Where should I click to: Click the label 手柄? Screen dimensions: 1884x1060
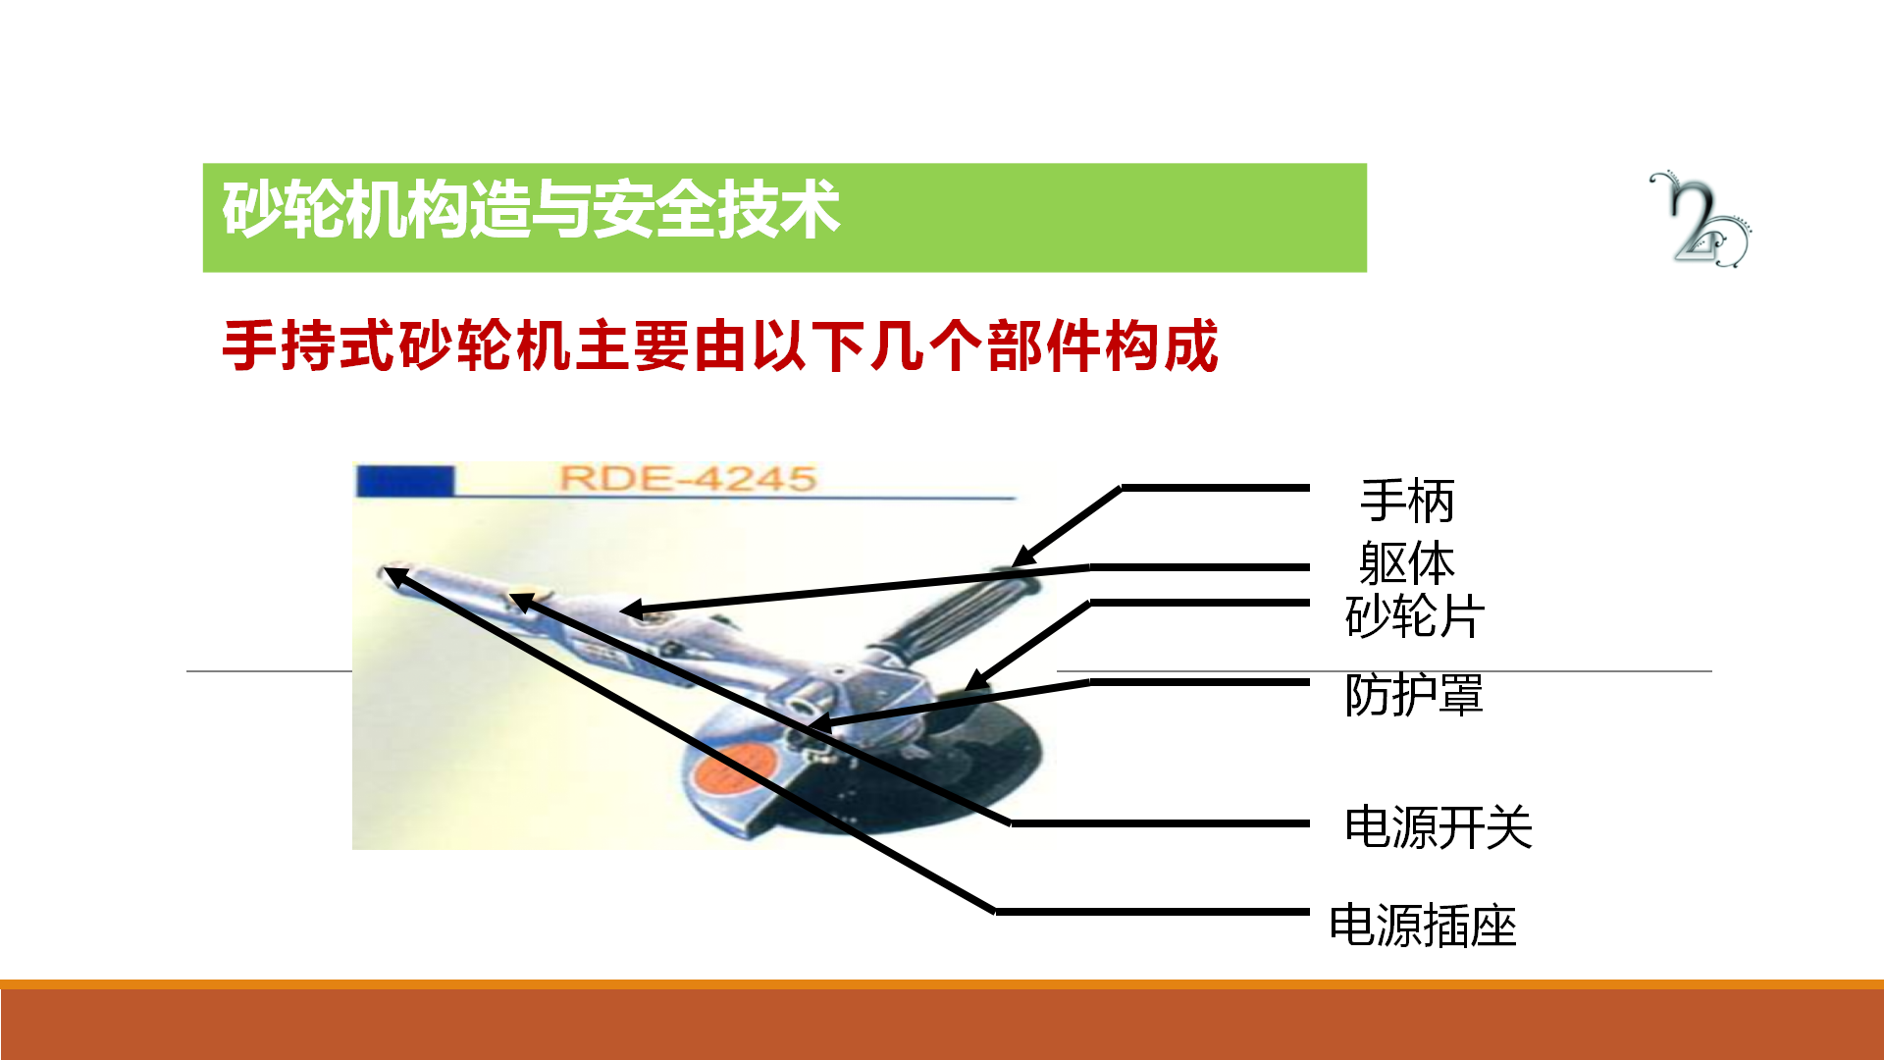click(x=1407, y=502)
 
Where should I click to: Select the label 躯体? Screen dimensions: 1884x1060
click(x=1407, y=563)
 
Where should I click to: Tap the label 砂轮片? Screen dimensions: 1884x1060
click(x=1414, y=616)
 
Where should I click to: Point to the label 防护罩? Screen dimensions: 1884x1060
click(x=1414, y=695)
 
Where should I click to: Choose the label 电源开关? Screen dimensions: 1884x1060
click(x=1439, y=826)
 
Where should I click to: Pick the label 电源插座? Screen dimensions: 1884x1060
click(x=1423, y=926)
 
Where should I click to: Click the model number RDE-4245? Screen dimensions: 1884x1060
click(x=688, y=479)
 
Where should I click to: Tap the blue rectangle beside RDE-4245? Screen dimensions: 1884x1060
click(x=405, y=481)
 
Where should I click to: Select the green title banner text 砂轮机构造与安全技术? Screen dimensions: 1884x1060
click(x=531, y=209)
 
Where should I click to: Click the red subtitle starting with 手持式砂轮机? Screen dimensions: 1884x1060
click(x=720, y=345)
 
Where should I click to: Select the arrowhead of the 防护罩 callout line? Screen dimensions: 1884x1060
click(x=816, y=726)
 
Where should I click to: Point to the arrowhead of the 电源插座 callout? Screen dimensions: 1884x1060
click(x=391, y=574)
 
